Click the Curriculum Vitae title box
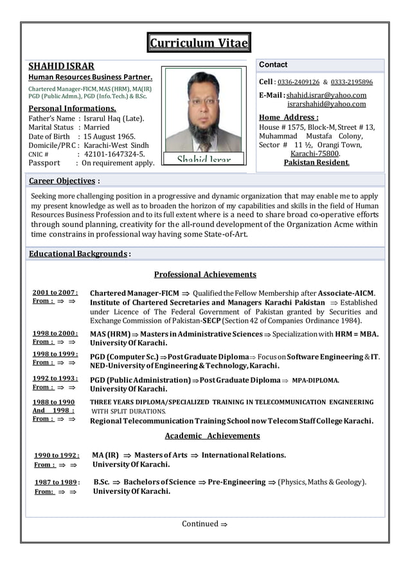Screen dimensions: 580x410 [199, 43]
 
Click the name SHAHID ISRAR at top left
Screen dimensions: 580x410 [61, 66]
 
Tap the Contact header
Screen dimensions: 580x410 [273, 65]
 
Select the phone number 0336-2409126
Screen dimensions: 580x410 [298, 82]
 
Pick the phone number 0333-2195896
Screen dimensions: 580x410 [352, 82]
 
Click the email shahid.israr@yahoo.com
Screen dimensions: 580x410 [326, 95]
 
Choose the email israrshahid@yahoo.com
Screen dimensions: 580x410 [326, 104]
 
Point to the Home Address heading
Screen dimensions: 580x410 [289, 117]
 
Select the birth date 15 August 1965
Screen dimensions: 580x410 [110, 136]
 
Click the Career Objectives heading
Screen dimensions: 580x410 [62, 181]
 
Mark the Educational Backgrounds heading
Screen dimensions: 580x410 [78, 253]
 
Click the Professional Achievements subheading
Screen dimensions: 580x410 [205, 275]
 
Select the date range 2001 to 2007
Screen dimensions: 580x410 [55, 293]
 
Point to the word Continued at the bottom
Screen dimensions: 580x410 [200, 524]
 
